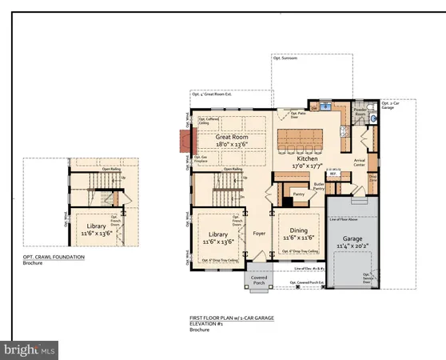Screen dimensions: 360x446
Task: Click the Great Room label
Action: pos(229,137)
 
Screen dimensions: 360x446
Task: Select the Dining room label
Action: pos(293,234)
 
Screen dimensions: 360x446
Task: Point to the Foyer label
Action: pos(259,234)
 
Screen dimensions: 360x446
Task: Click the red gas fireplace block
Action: pos(186,144)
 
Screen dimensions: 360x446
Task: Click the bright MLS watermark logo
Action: pos(30,350)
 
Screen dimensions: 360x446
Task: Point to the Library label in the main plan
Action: pos(213,234)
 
